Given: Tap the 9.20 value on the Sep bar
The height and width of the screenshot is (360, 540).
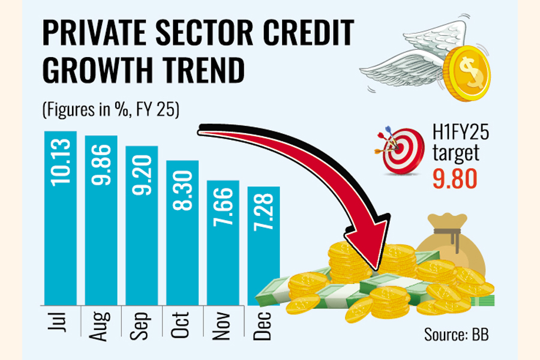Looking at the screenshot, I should tap(142, 169).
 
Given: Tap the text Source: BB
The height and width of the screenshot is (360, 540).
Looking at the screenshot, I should tap(456, 334).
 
